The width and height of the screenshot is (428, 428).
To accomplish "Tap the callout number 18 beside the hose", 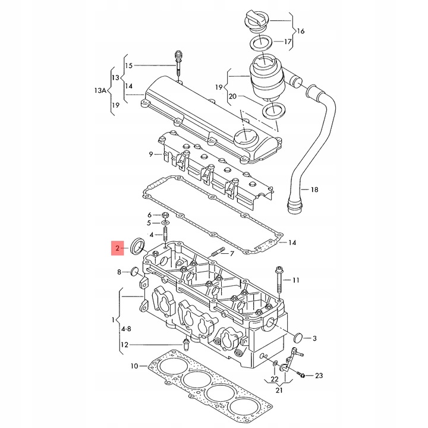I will (x=314, y=190).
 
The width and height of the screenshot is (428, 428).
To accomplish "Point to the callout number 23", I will (x=319, y=375).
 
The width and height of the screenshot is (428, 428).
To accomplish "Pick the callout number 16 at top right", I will (x=300, y=30).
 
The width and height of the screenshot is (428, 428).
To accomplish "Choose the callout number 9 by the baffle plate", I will (x=152, y=155).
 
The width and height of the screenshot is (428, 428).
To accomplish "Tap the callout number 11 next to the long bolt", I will (x=295, y=279).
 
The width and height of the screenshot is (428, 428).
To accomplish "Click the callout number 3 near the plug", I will (x=314, y=338).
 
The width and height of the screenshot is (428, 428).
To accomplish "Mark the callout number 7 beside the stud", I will (x=232, y=254).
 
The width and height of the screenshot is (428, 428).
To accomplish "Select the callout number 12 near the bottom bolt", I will (x=124, y=345).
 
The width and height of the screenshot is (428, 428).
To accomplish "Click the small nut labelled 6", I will (x=165, y=215).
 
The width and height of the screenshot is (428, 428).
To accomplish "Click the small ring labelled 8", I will (x=135, y=272).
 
